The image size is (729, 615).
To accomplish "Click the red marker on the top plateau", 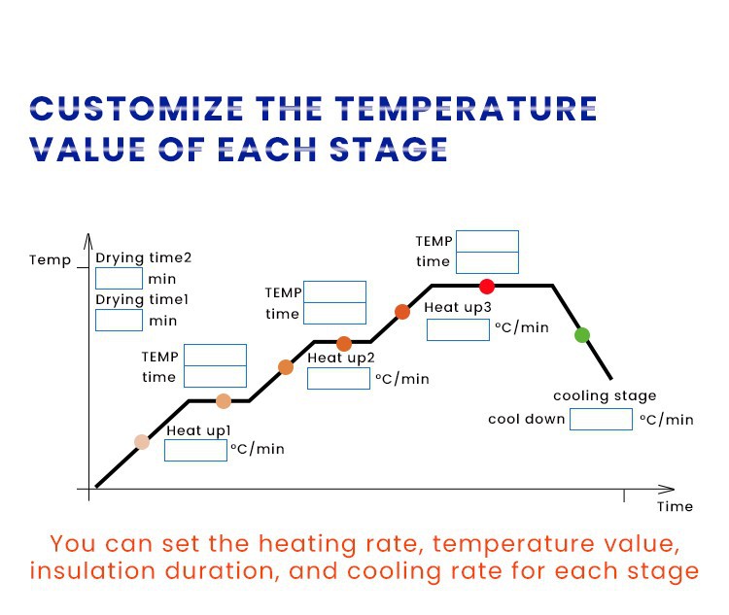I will click(x=487, y=286).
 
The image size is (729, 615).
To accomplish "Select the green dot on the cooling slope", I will click(x=581, y=335).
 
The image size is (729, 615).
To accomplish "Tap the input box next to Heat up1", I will click(x=195, y=450).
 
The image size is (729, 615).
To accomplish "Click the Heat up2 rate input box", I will click(x=338, y=378).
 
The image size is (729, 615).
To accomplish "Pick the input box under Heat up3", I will click(x=458, y=329).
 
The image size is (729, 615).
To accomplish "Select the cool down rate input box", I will click(x=601, y=419).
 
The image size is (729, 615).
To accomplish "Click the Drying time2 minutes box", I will click(x=119, y=278).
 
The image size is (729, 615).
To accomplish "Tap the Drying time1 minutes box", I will click(x=119, y=320).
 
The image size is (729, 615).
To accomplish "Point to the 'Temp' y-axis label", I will click(x=50, y=260).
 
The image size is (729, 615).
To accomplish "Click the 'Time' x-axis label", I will click(x=675, y=506).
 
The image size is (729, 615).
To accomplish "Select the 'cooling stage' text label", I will click(x=605, y=395).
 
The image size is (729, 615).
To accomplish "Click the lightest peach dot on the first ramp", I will click(x=142, y=442).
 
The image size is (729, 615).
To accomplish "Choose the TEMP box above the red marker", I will click(x=487, y=241).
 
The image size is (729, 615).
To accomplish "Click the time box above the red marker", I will click(x=487, y=262).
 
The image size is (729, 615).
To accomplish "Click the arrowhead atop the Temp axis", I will click(x=88, y=239).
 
